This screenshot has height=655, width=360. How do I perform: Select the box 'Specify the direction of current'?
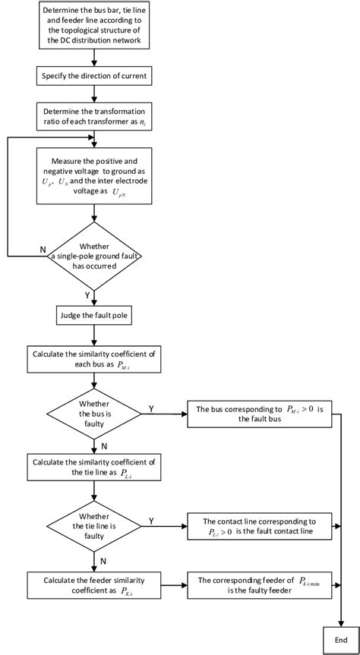coord(93,75)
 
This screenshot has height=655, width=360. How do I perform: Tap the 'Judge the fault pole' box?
coord(93,314)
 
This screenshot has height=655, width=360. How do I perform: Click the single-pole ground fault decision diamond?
coord(93,257)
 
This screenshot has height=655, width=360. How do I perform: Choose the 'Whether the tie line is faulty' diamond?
coord(93,525)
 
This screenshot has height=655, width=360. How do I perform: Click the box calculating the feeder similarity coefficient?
coord(93,585)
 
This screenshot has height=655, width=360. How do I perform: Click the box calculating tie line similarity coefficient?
coord(93,469)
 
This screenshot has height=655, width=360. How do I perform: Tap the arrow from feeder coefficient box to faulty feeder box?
coord(173,585)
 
